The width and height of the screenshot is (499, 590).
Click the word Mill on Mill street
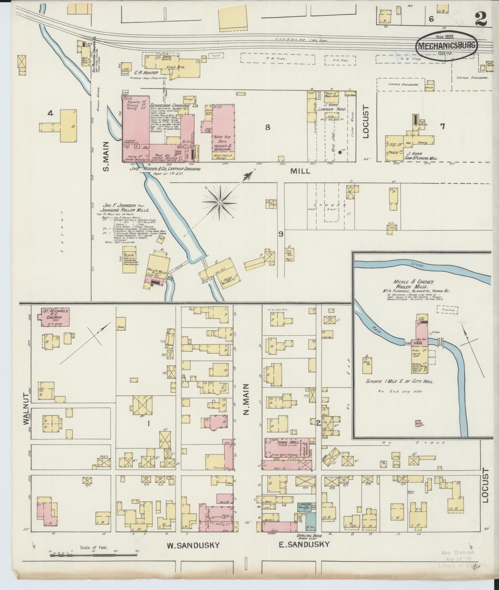[x=300, y=171]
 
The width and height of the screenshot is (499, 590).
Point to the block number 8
[x=268, y=127]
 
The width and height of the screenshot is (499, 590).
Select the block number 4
[x=50, y=114]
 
